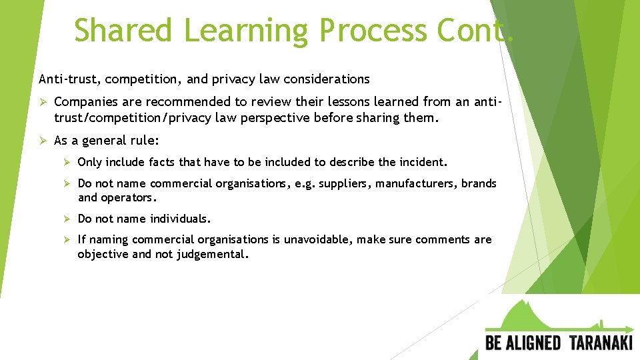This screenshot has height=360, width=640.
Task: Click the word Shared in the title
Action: coord(123,30)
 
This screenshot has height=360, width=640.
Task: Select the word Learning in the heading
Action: coord(246,30)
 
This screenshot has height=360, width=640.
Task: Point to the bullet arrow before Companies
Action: coord(43,102)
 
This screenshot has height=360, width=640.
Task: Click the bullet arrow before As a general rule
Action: coord(43,141)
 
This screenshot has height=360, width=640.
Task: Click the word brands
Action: coord(481,183)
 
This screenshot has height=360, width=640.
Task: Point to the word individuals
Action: coord(180,219)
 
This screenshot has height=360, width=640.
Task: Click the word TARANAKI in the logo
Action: coord(601,343)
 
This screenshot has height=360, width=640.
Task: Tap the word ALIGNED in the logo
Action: coord(533,343)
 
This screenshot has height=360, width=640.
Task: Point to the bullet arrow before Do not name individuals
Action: coord(67,219)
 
